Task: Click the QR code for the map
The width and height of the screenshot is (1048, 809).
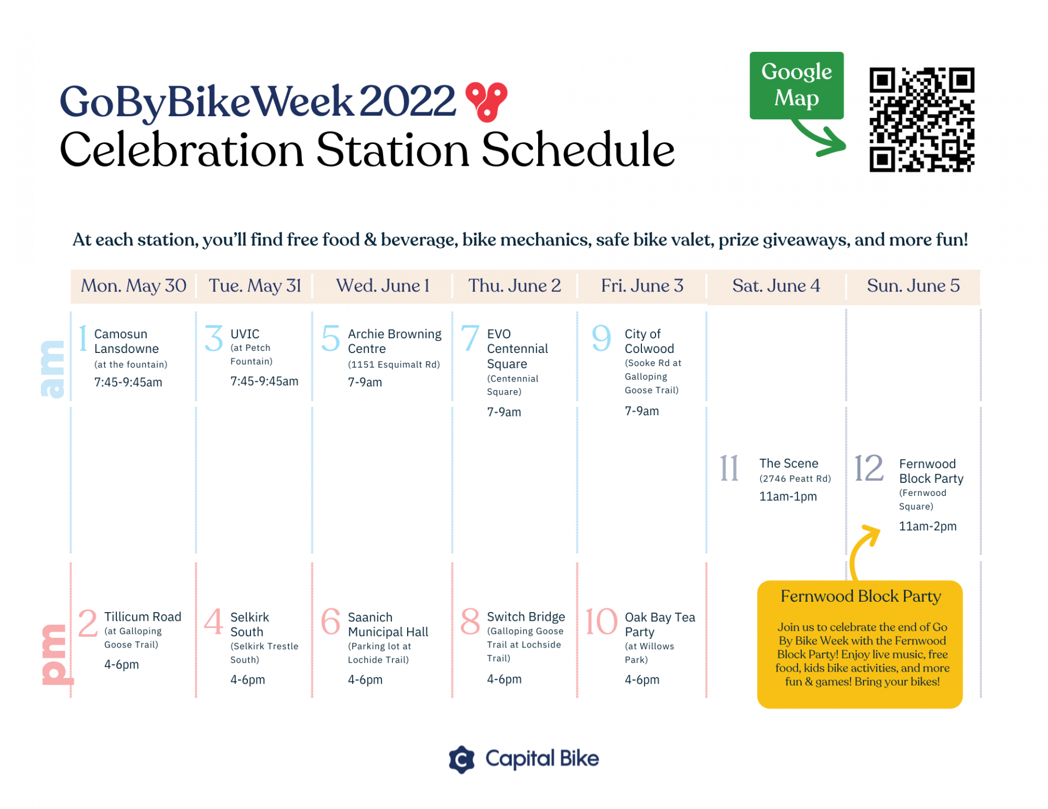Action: click(x=921, y=119)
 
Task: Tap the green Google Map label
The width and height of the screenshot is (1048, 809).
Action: click(x=796, y=86)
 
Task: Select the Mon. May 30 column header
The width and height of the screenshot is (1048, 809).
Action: click(x=134, y=285)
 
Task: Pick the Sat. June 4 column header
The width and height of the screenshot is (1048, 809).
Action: click(x=776, y=285)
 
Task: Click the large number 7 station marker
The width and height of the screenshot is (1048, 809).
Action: click(x=470, y=338)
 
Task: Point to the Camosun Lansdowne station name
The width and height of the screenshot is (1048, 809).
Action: click(x=127, y=341)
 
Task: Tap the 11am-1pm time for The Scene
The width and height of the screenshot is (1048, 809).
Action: click(x=788, y=496)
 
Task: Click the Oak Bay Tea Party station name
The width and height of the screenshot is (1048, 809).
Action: click(x=660, y=625)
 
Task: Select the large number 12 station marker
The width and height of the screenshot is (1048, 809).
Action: click(x=868, y=468)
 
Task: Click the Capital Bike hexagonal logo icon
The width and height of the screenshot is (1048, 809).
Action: click(x=462, y=759)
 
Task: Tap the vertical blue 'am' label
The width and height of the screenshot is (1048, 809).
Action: click(x=52, y=369)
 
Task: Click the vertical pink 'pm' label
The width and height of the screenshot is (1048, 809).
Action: click(x=57, y=654)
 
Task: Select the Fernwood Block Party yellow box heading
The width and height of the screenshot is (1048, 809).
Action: click(x=861, y=596)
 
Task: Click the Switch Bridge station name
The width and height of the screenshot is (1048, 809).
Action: click(x=526, y=616)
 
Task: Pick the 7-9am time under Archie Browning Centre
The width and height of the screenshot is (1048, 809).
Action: click(x=365, y=382)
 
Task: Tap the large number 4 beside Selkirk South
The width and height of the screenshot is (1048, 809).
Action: click(x=213, y=621)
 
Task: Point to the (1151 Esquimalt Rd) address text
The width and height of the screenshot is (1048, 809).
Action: click(x=394, y=364)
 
